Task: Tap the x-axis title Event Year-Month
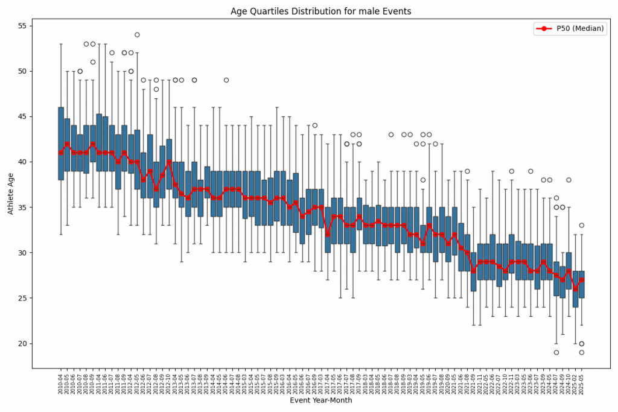[321, 400]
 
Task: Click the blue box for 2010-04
[61, 144]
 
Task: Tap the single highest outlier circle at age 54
[137, 35]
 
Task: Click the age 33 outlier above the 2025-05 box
[582, 226]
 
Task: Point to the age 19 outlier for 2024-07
[556, 352]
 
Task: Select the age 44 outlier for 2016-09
[315, 125]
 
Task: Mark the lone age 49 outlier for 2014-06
[226, 80]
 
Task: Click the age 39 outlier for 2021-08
[467, 171]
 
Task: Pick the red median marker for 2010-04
[61, 153]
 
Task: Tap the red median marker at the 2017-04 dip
[328, 235]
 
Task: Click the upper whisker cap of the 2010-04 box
[61, 44]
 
